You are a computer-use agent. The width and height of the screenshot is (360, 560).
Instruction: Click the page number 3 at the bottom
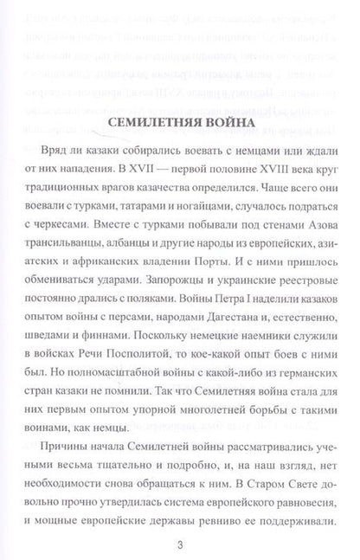[x=179, y=544]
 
